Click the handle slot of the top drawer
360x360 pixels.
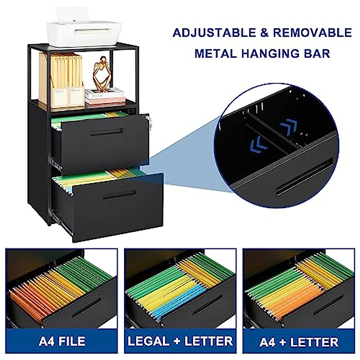pos(107,133)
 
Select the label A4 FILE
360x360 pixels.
pos(62,342)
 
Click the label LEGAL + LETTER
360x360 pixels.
pos(180,342)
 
